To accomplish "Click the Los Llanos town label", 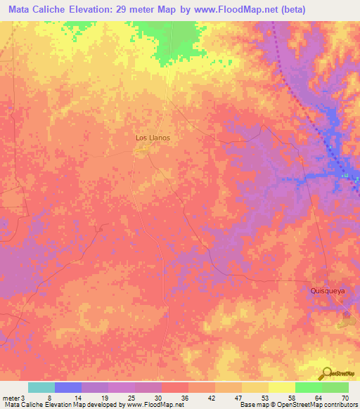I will pos(153,138).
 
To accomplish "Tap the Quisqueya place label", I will pos(328,290).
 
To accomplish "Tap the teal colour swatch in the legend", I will pos(41,387).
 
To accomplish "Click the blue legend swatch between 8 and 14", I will pos(67,387).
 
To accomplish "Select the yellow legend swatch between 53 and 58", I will pos(281,387).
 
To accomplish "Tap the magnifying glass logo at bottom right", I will pos(326,372).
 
